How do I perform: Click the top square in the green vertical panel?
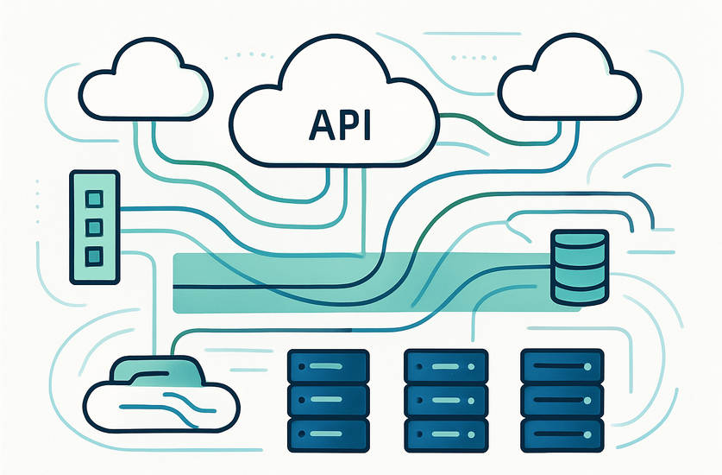pyautogui.click(x=94, y=199)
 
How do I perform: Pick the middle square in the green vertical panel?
pyautogui.click(x=94, y=227)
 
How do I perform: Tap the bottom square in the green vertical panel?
pyautogui.click(x=94, y=256)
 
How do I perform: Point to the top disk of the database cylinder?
pyautogui.click(x=577, y=239)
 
